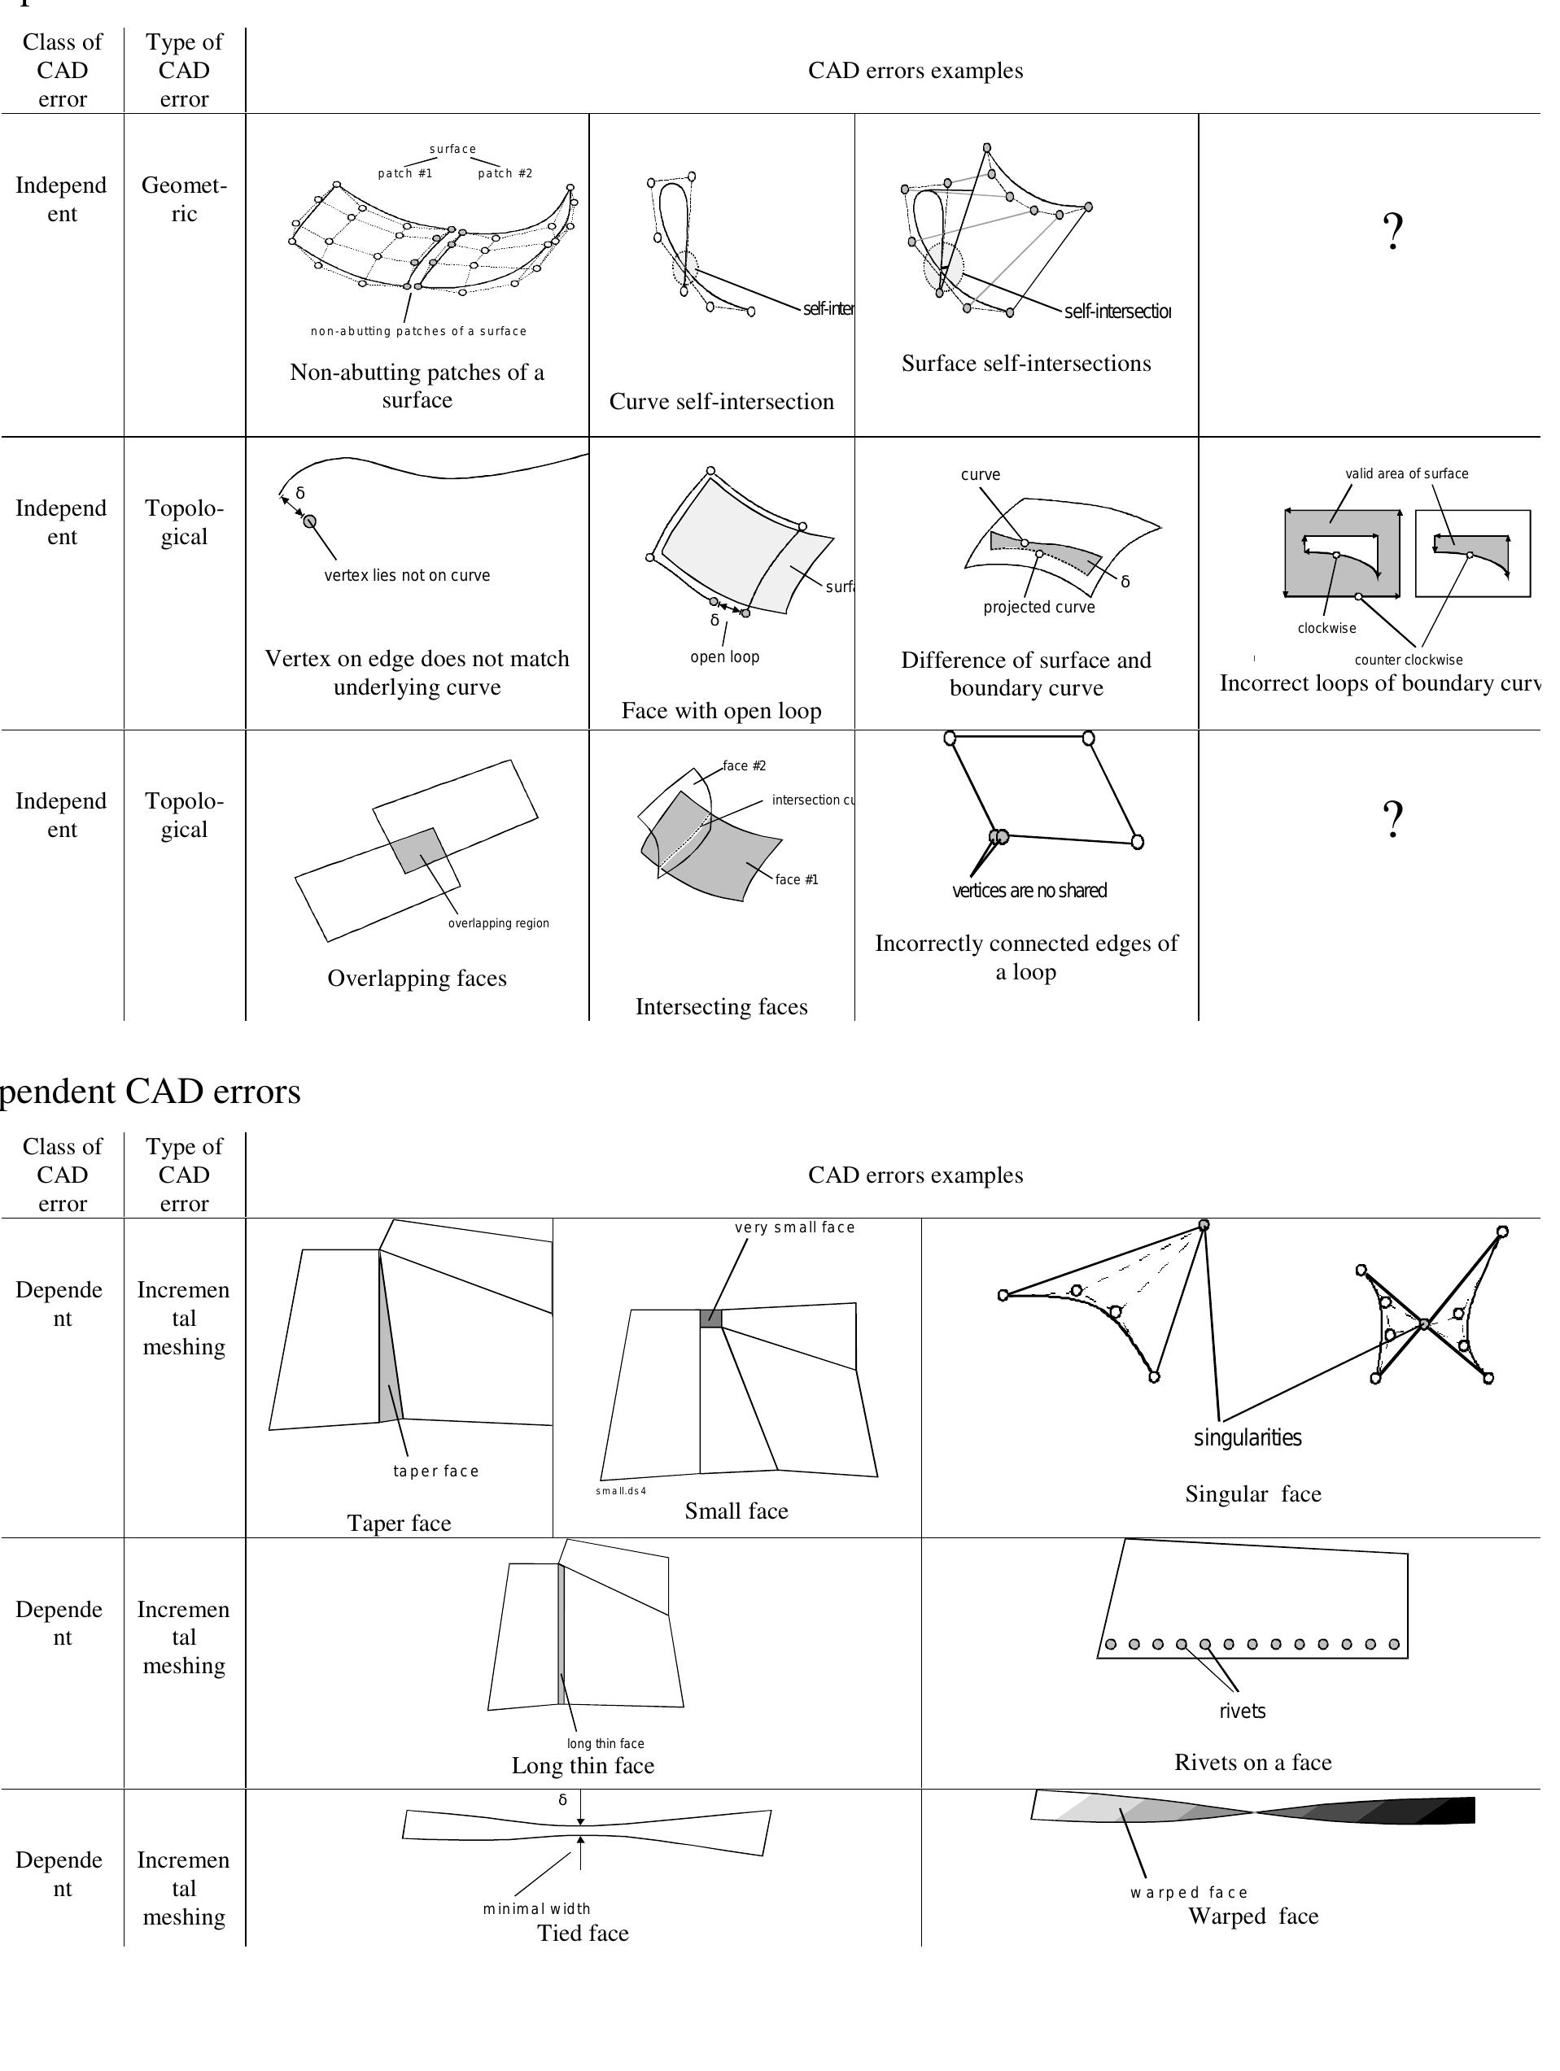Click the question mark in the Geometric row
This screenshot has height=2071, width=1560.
coord(1392,231)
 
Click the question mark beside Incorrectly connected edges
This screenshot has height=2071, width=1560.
coord(1392,819)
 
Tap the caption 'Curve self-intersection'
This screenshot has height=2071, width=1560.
coord(721,402)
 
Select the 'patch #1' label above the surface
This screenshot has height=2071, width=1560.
coord(404,173)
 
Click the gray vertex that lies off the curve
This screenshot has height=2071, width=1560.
coord(310,521)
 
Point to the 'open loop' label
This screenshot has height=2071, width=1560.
coord(723,657)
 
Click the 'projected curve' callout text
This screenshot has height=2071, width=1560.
coord(1038,607)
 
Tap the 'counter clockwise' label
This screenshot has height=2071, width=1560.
coord(1407,660)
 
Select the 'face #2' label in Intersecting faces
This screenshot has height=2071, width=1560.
coord(744,766)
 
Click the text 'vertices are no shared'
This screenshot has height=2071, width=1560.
coord(1029,891)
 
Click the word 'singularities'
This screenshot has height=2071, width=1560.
coord(1247,1437)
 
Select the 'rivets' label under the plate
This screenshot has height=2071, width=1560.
coord(1242,1711)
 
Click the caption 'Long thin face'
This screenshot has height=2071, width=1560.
coord(583,1766)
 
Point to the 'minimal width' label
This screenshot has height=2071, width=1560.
coord(536,1908)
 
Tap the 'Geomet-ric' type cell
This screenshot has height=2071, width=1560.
coord(184,199)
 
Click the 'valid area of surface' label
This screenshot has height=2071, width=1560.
coord(1406,473)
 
